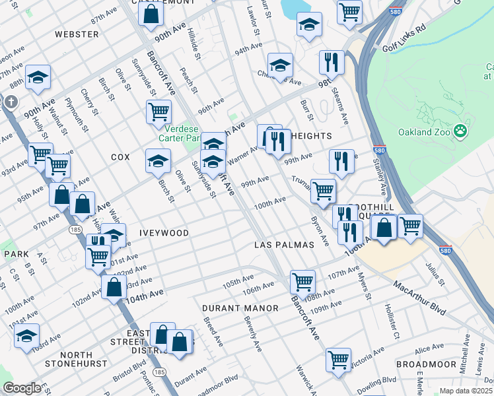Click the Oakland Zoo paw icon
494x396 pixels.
point(461,132)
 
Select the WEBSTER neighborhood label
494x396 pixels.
point(72,34)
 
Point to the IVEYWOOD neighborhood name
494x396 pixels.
point(164,233)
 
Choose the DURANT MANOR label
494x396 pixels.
point(230,308)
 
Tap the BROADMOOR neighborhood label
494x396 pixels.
point(426,364)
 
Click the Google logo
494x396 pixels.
point(22,388)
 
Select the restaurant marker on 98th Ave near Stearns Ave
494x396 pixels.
point(332,62)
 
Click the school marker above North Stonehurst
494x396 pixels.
point(27,335)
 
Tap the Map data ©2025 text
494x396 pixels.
point(466,391)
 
